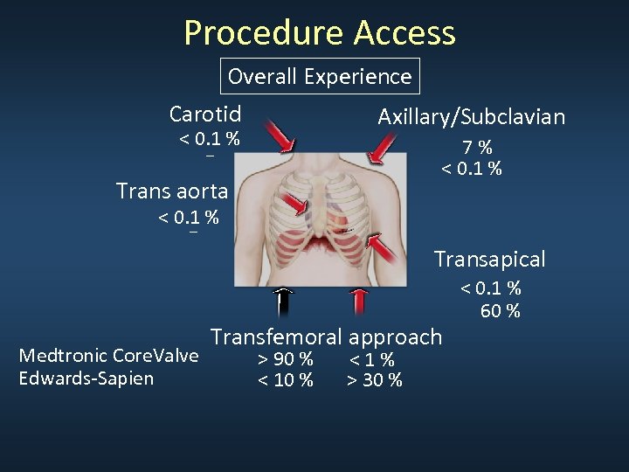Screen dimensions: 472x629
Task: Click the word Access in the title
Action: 405,33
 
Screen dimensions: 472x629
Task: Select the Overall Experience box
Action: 320,76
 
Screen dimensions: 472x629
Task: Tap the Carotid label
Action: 205,114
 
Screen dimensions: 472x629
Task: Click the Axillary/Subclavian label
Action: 471,117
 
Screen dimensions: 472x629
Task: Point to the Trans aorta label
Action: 172,190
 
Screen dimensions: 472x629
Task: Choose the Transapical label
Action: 490,259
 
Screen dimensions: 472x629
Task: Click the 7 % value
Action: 478,148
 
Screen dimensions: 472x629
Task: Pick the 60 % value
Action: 501,310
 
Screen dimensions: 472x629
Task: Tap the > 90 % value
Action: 285,359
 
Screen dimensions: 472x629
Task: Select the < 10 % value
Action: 285,379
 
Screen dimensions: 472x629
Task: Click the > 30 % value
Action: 374,379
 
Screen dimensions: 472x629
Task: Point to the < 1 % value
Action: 372,359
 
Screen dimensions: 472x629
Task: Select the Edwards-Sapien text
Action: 86,378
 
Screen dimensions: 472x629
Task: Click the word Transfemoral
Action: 277,337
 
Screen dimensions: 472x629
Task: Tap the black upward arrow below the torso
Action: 281,302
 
